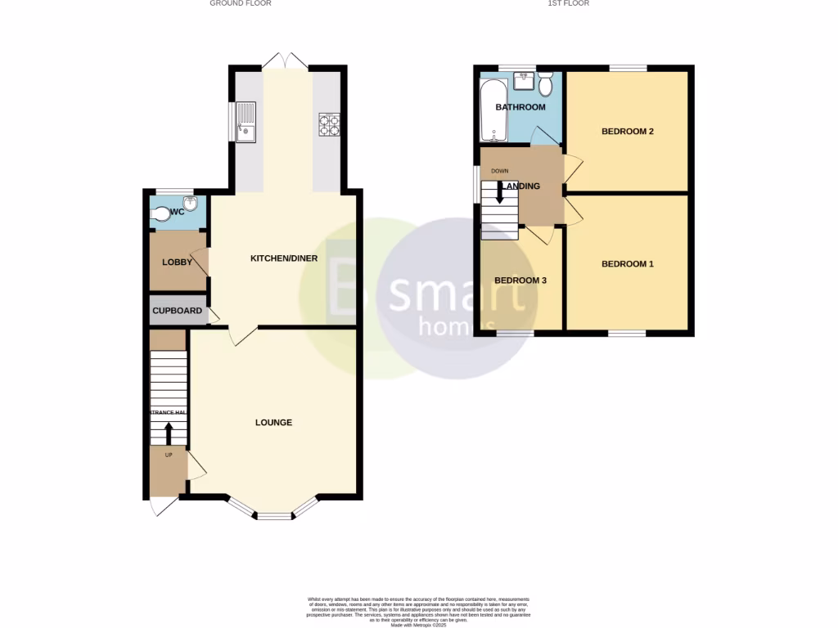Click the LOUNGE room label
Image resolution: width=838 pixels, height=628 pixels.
pos(273,423)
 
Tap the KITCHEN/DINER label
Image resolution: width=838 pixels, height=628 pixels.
pos(284,259)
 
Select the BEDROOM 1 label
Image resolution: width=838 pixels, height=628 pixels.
pos(628,264)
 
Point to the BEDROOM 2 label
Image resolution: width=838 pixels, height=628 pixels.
pos(628,132)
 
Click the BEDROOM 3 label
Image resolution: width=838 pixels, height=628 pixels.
pos(520,280)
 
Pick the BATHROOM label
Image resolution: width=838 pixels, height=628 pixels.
pos(520,107)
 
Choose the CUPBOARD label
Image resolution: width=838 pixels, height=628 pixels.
pos(178,311)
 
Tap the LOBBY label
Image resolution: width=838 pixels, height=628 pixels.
pos(177,262)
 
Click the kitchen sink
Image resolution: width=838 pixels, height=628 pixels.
pos(245,120)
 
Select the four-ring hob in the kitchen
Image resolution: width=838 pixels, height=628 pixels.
pos(329,123)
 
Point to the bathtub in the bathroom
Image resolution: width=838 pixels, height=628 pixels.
pos(493,110)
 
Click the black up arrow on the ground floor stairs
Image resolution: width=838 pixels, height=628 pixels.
pos(169,433)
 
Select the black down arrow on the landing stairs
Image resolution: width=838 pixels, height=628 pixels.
pos(499,193)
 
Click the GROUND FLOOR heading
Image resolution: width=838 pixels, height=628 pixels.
pos(241,3)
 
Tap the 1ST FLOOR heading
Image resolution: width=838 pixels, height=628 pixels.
pos(569,3)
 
